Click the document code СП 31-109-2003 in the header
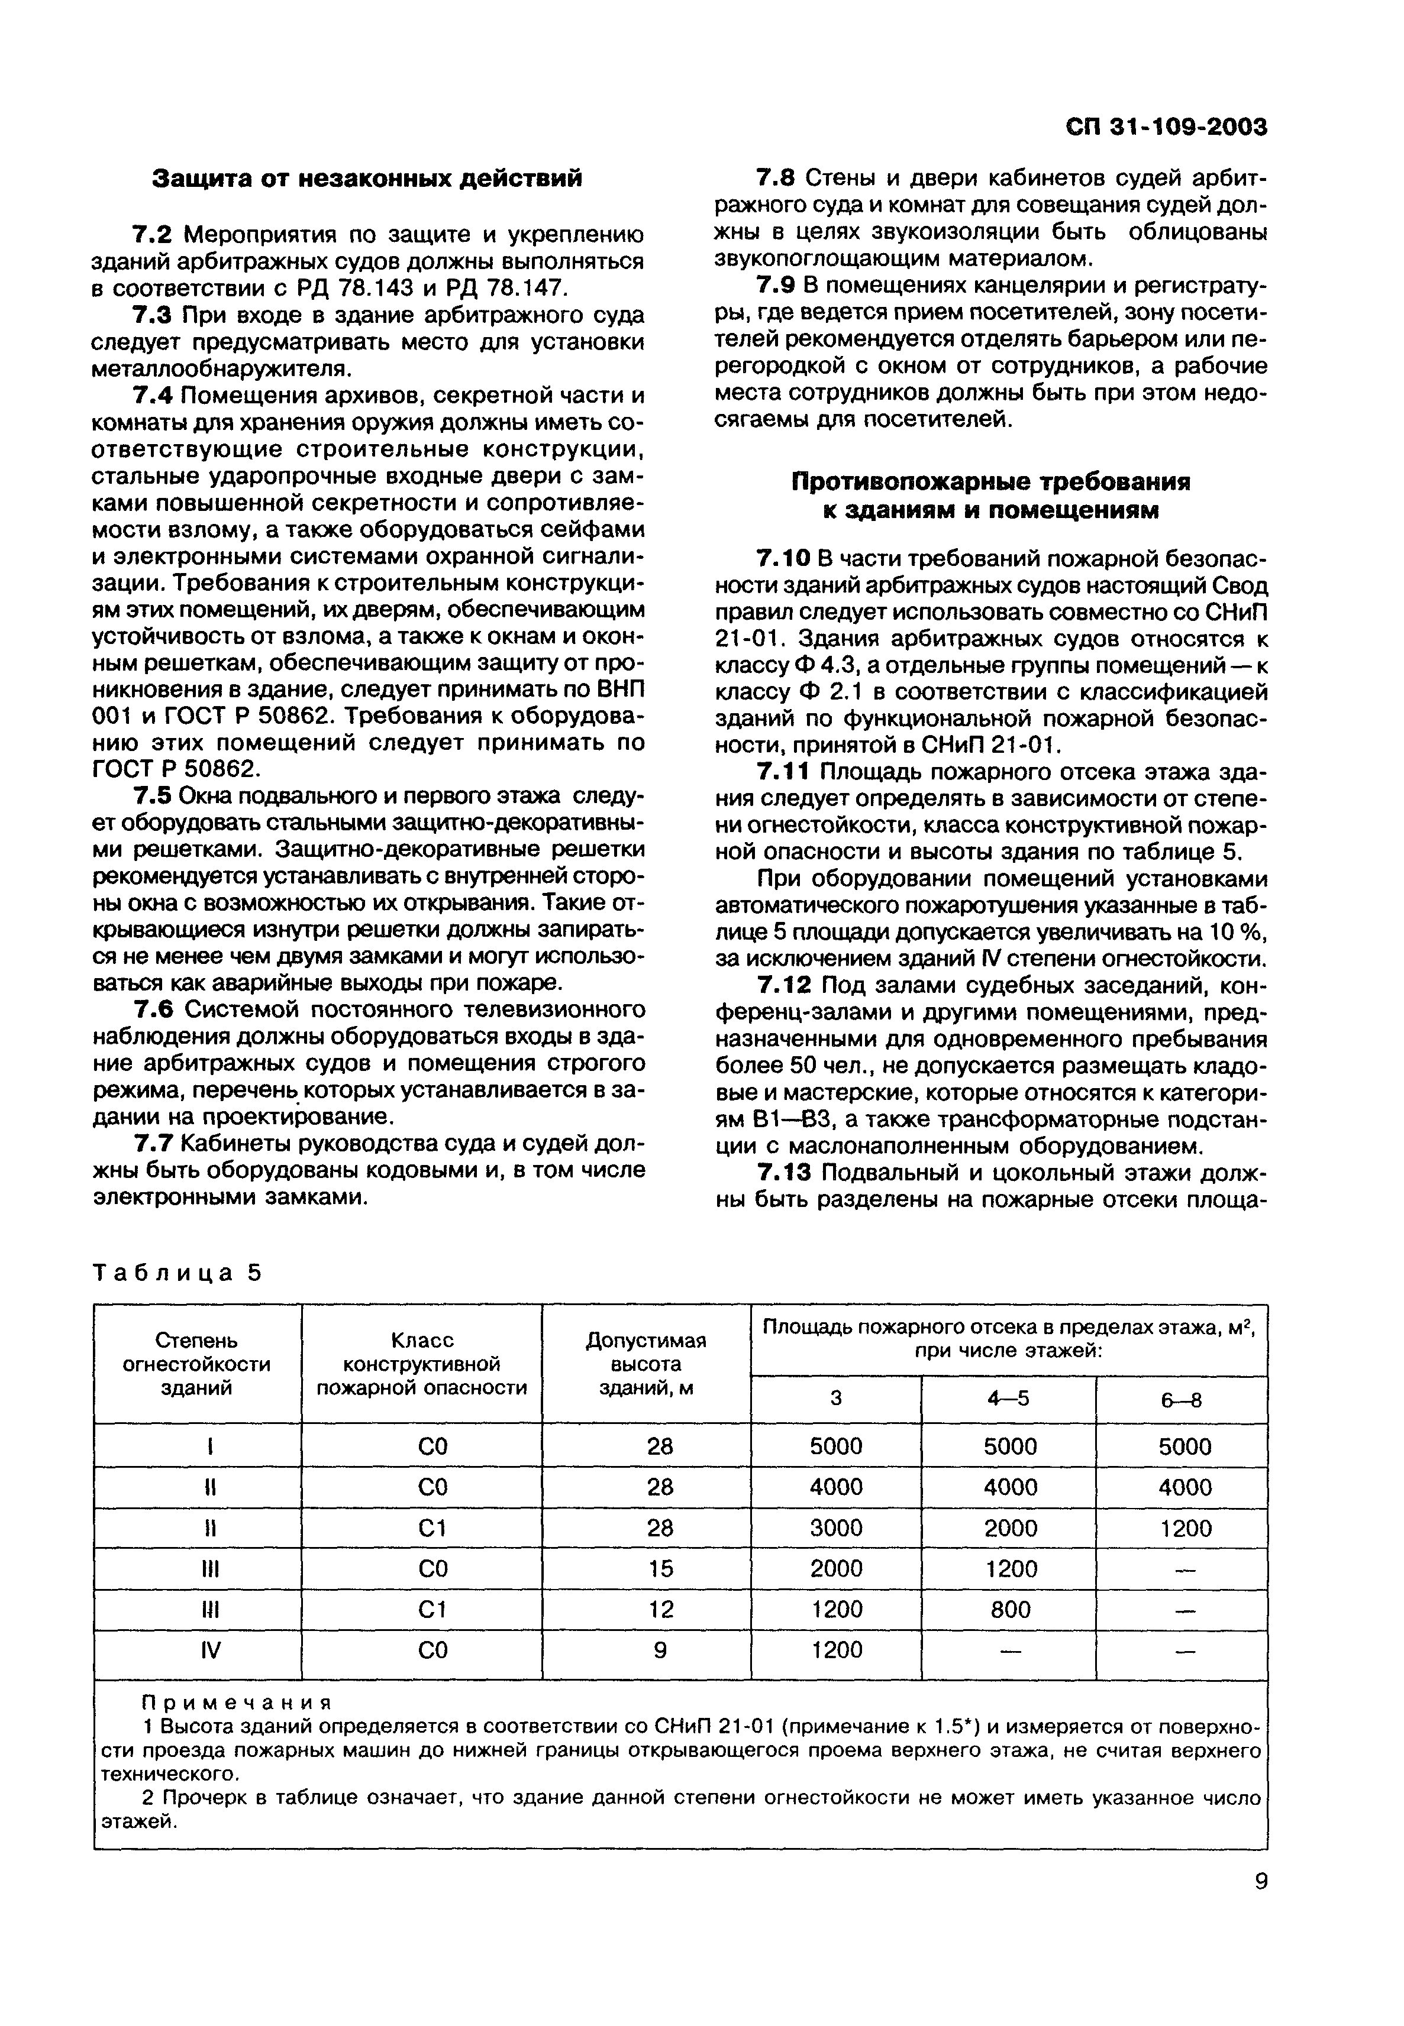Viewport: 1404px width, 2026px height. coord(1166,128)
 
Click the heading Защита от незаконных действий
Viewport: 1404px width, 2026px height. coord(368,179)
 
